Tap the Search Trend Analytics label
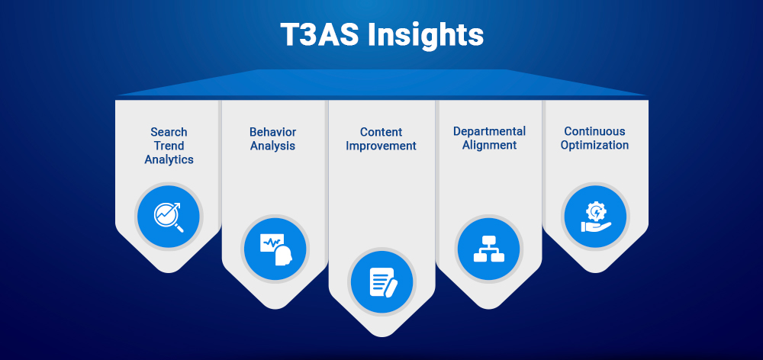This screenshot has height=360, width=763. coord(169,146)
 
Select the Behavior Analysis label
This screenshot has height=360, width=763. coord(272,139)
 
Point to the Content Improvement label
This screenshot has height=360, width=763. coord(381,139)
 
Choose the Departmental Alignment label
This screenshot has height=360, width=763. coord(489,139)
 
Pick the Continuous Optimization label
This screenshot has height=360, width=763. coord(594,139)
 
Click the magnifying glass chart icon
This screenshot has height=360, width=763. coord(169,216)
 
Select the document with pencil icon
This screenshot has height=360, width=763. coord(382,282)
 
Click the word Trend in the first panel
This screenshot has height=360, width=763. coord(169,146)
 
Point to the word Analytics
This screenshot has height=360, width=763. coord(169,159)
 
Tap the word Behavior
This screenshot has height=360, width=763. coord(272,132)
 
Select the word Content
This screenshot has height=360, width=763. coord(381,132)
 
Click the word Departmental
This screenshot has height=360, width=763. coord(489,132)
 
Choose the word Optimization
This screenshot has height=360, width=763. coord(594,145)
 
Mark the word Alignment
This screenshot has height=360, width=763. coord(489,145)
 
